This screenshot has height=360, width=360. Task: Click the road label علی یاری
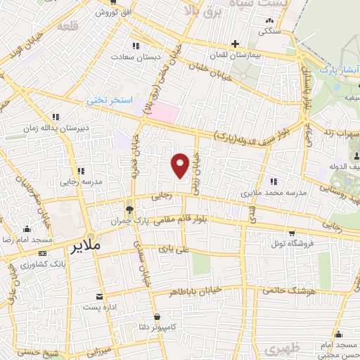174,249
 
